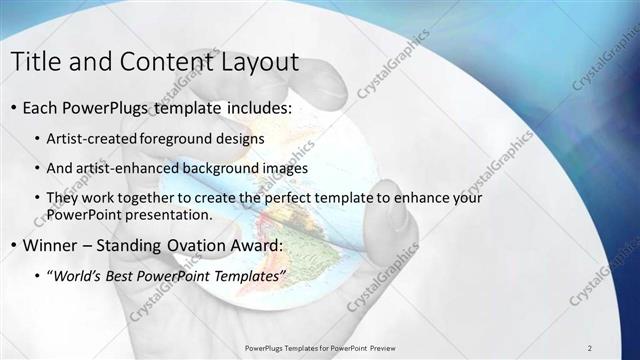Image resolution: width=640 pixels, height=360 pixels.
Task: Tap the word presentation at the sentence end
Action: point(171,215)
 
